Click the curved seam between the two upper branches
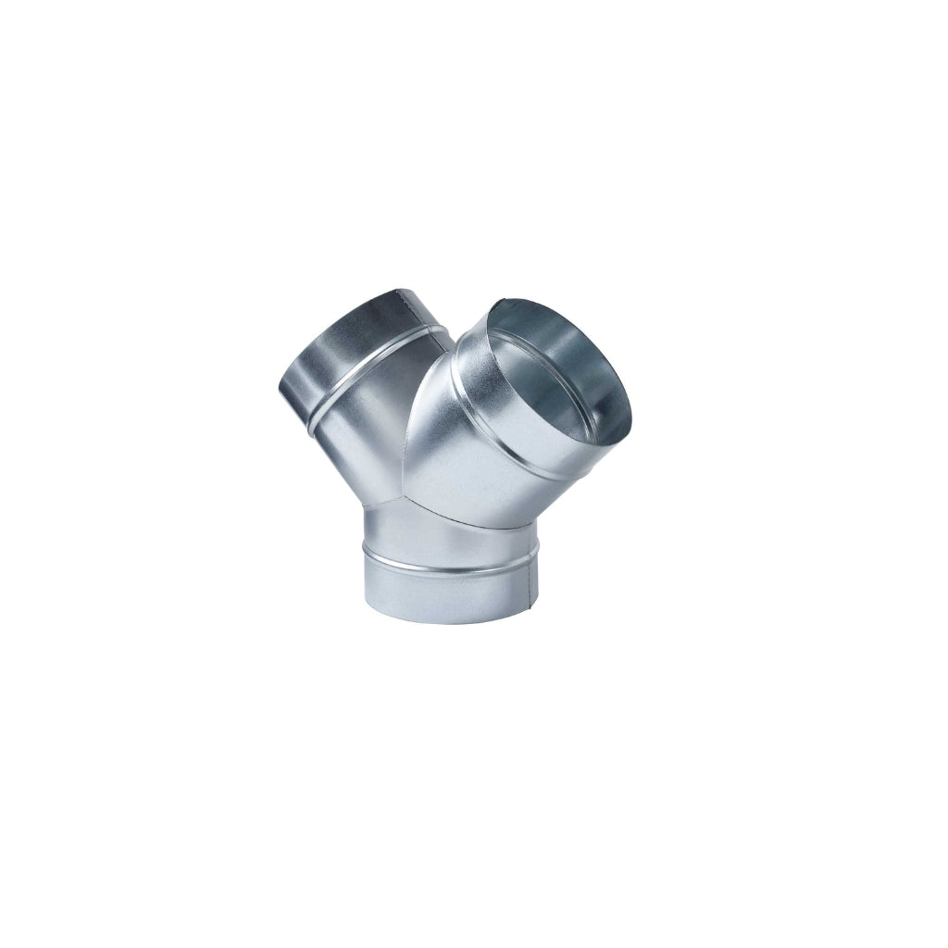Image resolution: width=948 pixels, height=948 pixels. point(412,417)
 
